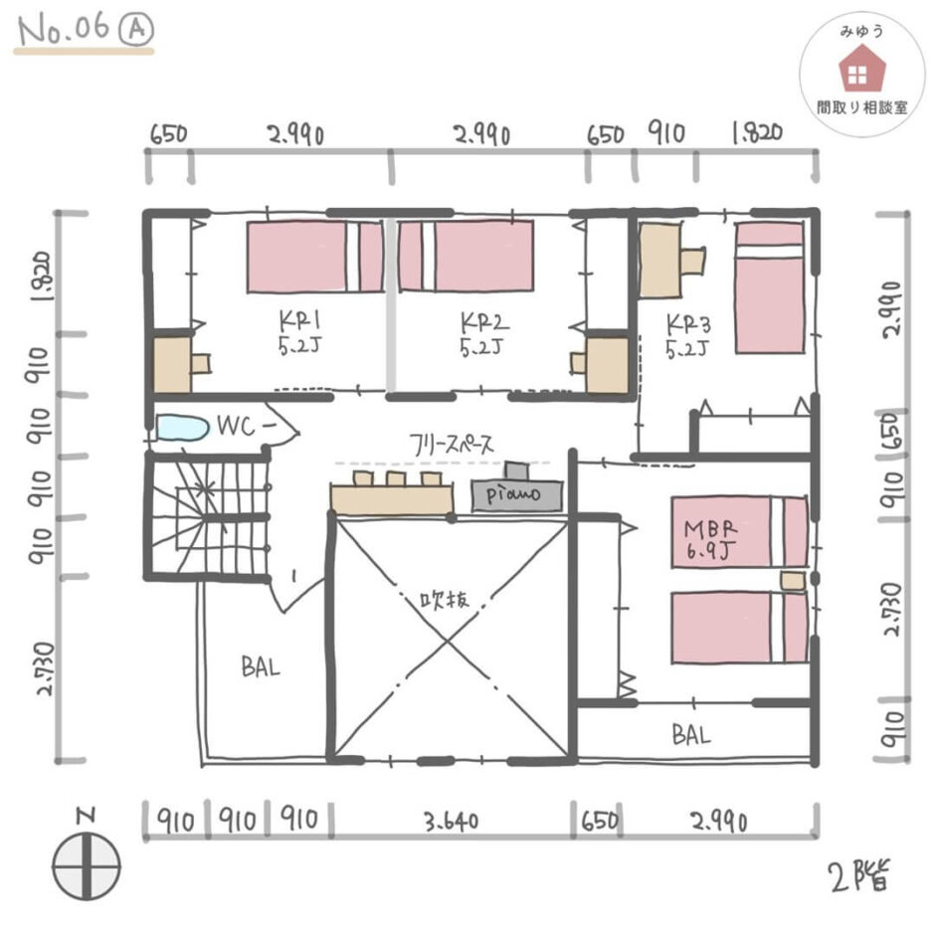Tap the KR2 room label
483,334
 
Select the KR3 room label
688,336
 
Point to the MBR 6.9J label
709,539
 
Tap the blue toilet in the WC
182,428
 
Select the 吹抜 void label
445,599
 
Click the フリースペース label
452,445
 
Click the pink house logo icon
861,71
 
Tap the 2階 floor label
859,875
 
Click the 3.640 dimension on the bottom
452,822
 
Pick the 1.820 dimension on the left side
42,276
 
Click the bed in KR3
769,288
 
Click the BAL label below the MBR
691,735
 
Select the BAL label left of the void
260,666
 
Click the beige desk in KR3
660,260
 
